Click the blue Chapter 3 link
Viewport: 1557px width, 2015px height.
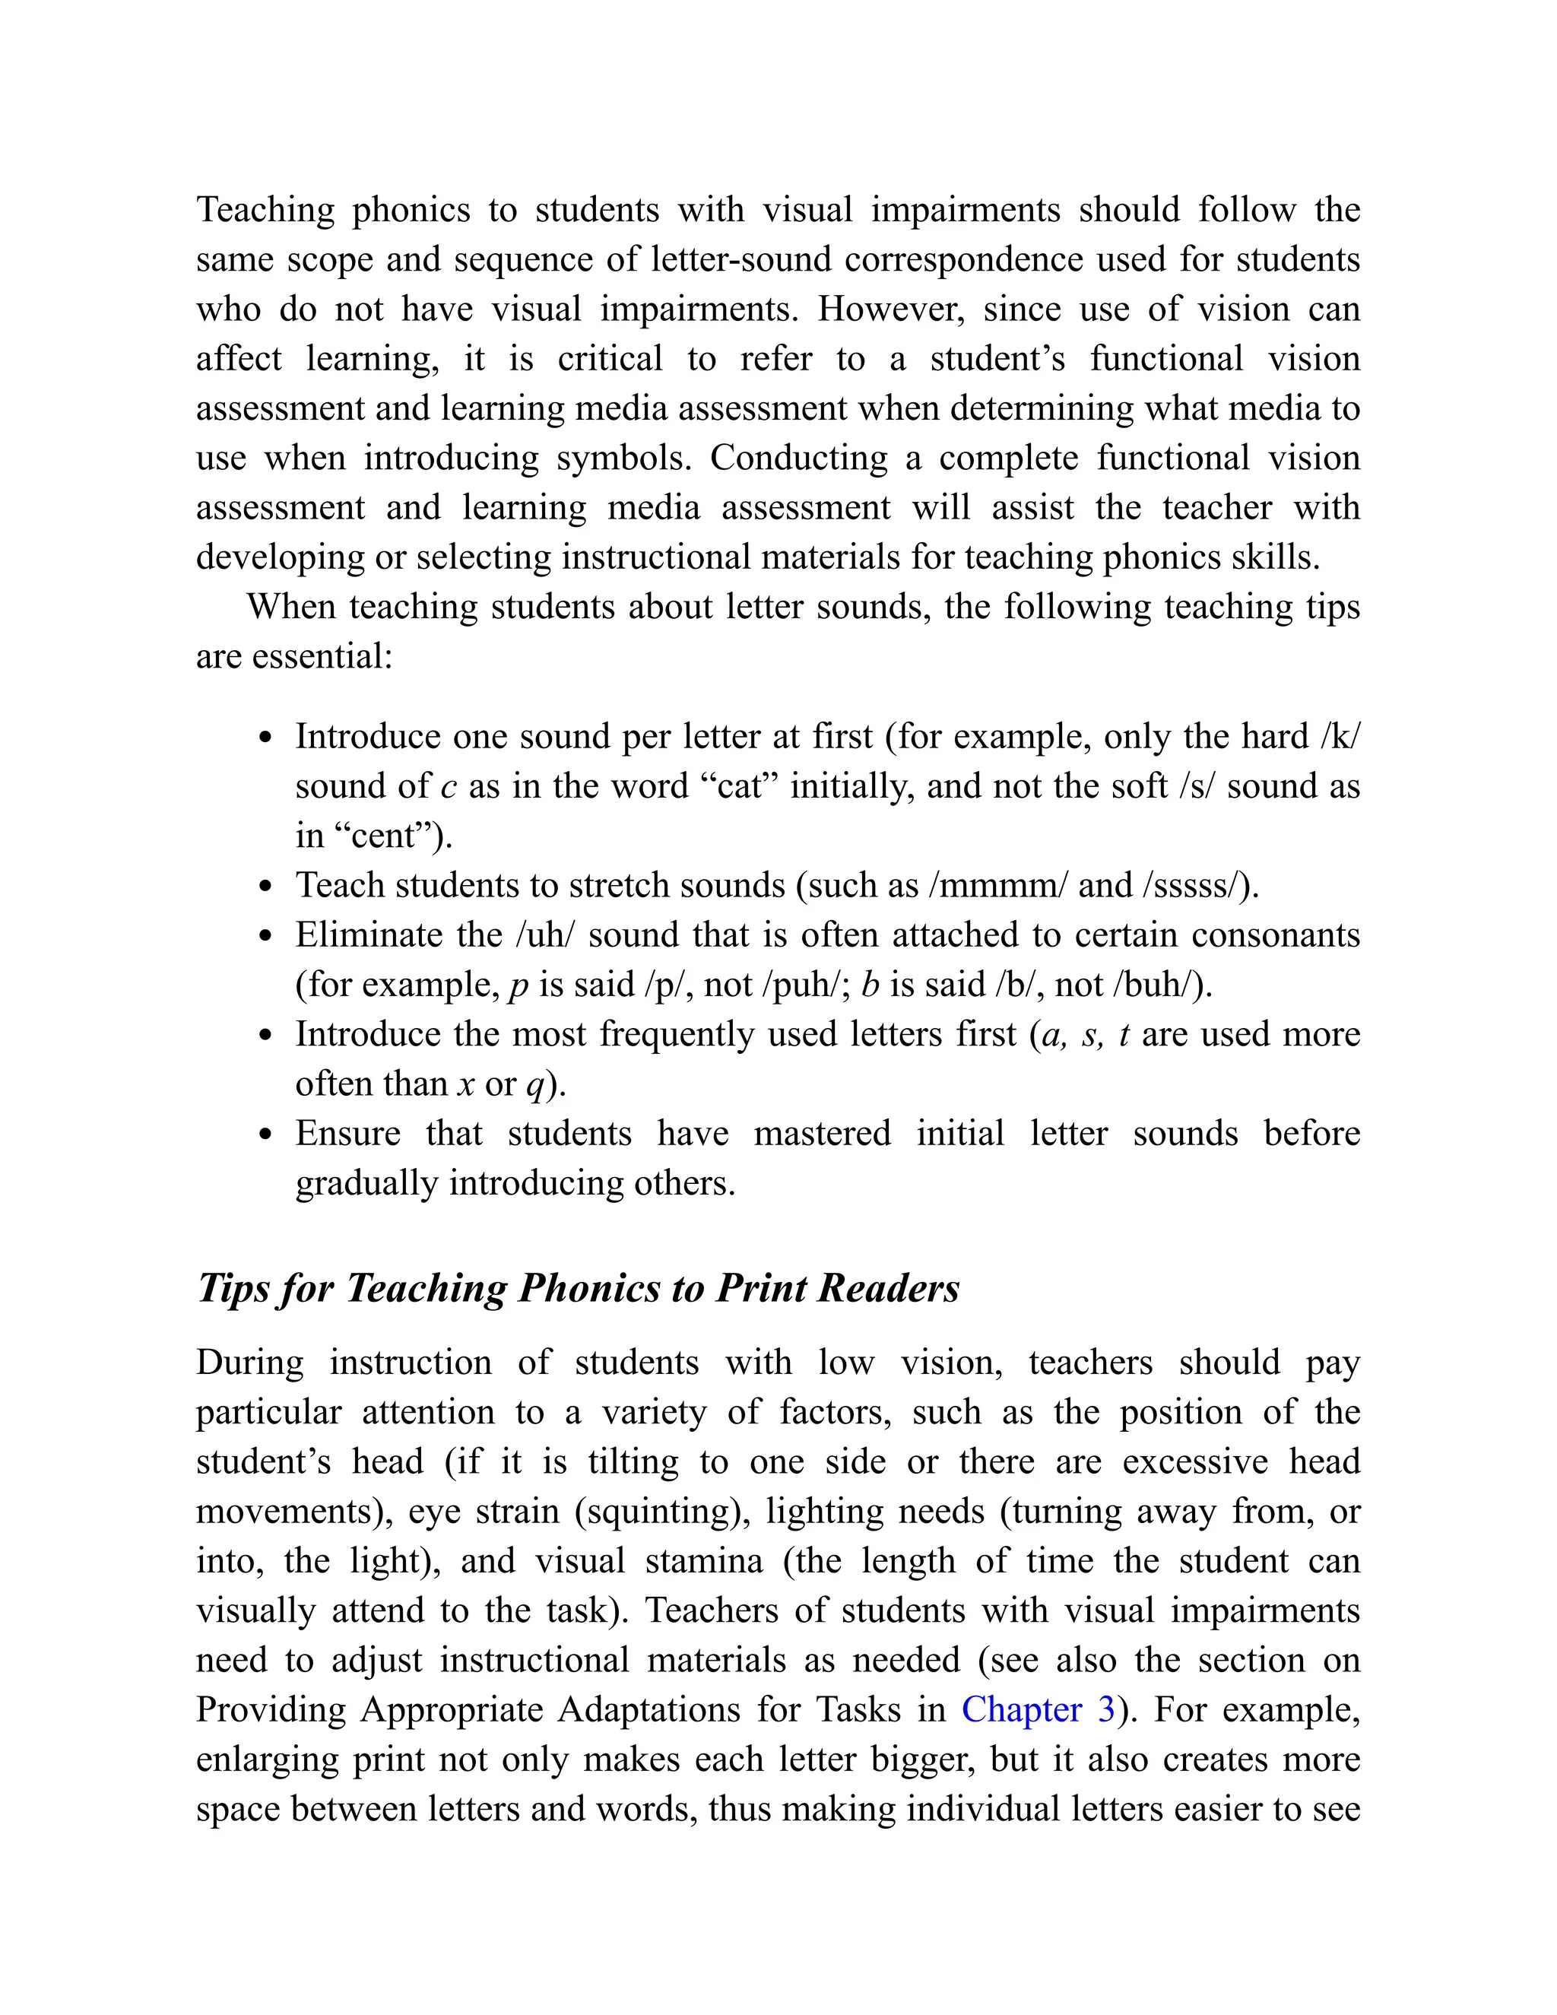coord(1038,1709)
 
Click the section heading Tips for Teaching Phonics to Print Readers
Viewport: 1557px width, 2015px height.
coord(579,1288)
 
